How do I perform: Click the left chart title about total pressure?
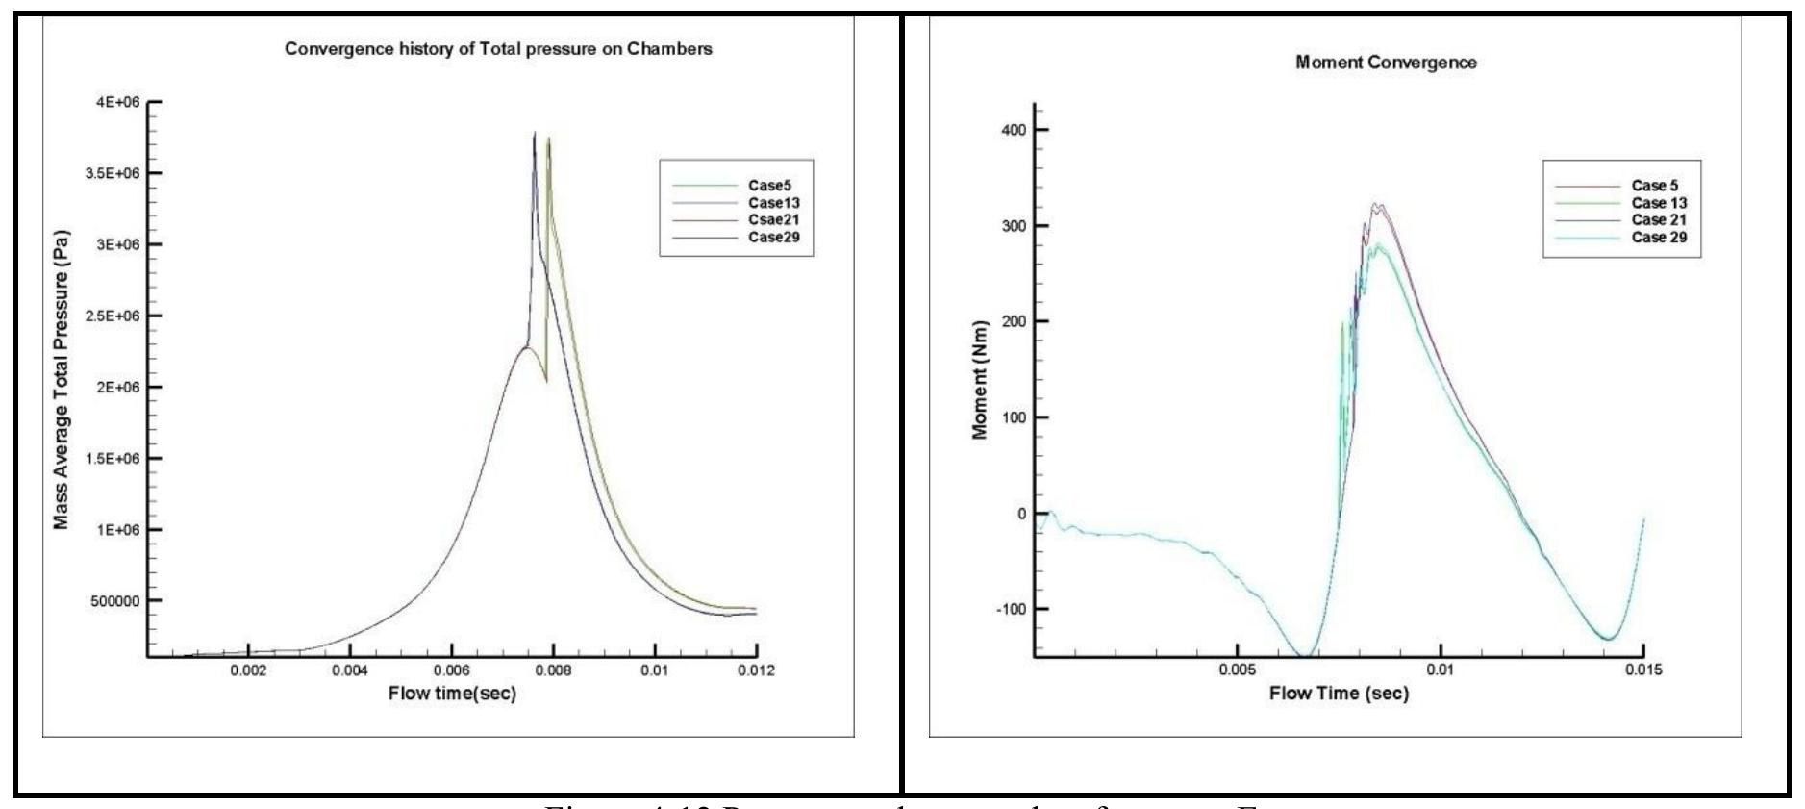point(498,49)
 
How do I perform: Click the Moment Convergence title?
point(1386,63)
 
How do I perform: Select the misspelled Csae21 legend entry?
point(773,220)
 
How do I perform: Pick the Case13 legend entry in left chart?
point(773,203)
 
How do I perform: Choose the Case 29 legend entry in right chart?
point(1659,238)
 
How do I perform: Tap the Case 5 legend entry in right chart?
point(1654,186)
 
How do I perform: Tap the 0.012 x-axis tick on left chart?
point(756,670)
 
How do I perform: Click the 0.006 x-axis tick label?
point(451,670)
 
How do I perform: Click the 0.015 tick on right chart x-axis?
point(1642,670)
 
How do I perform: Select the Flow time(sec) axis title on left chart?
point(452,694)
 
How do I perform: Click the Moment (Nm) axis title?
point(980,380)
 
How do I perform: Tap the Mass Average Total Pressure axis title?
point(62,386)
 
